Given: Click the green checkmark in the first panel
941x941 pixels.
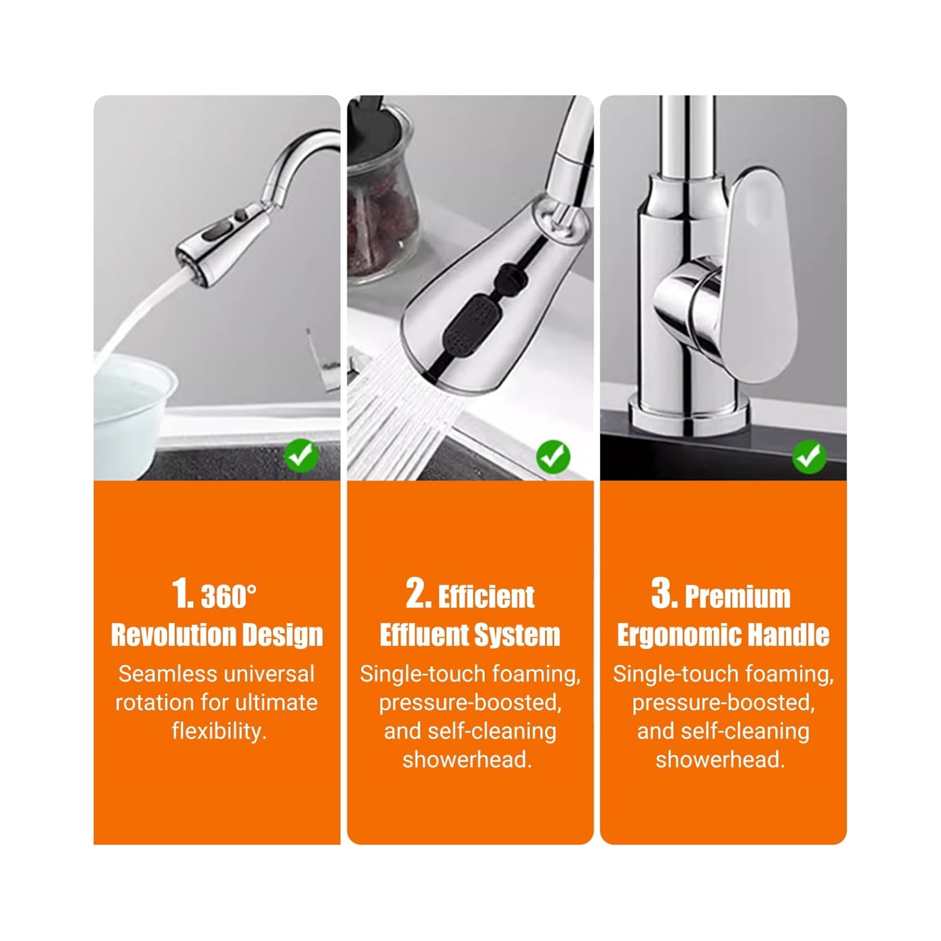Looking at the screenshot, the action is tap(301, 456).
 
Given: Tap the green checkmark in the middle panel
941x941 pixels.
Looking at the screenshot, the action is tap(553, 456).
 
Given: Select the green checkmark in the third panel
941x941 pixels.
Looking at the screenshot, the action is tap(809, 456).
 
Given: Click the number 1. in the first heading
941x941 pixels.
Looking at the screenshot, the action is tap(182, 594).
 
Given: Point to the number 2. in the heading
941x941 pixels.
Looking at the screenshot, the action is tap(419, 594).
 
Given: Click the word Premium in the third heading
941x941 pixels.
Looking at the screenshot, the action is tap(738, 597).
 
